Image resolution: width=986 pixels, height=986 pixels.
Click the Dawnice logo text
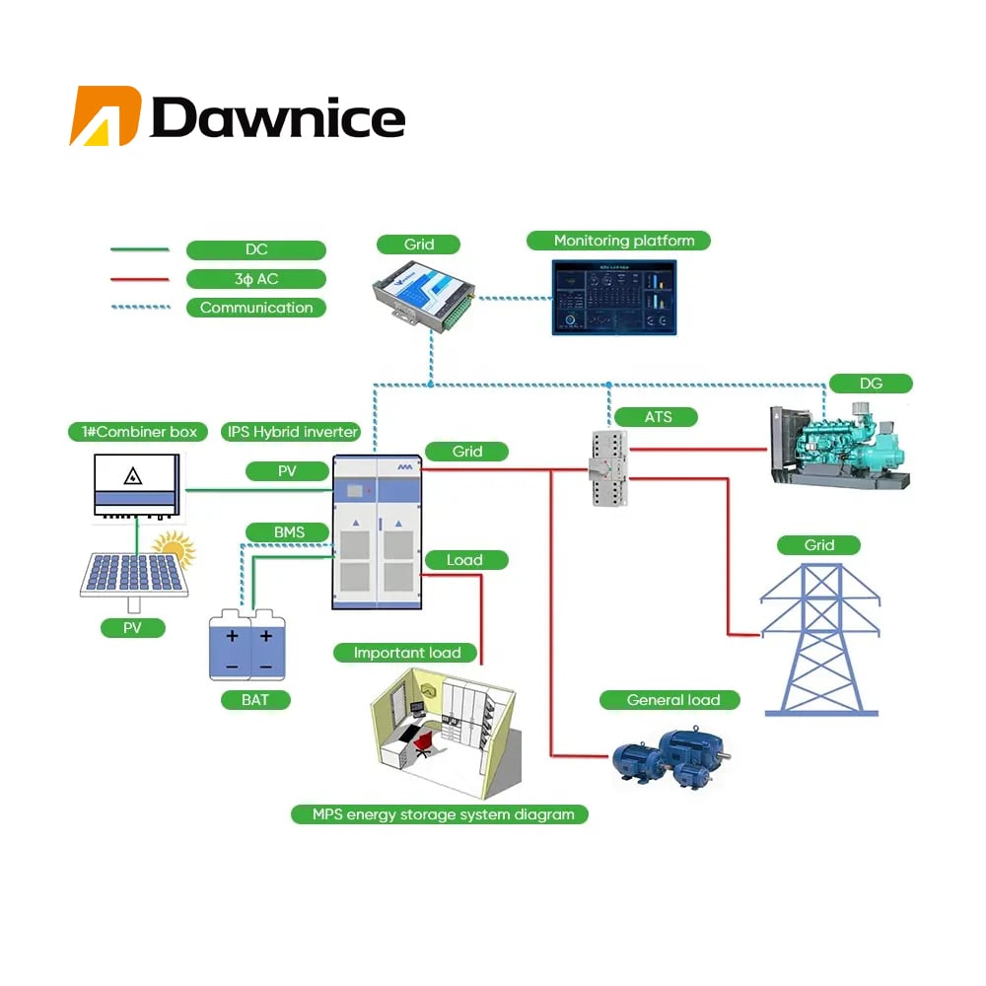(277, 118)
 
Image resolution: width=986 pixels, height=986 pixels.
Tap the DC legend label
(255, 250)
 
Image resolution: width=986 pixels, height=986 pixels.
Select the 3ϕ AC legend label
(255, 279)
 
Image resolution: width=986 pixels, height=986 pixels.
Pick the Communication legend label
(255, 308)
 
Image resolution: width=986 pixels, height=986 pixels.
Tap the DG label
(871, 384)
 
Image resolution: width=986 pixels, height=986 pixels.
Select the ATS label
(658, 417)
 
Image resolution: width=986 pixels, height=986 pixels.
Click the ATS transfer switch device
(605, 467)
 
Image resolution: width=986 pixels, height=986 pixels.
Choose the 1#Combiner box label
(133, 432)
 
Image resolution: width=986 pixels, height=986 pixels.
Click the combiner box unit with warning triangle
(136, 483)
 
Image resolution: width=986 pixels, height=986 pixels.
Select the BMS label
(288, 532)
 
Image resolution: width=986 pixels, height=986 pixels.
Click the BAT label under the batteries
(253, 700)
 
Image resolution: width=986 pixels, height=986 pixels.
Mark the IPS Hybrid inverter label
(294, 432)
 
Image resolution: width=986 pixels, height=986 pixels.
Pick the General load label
(673, 700)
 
